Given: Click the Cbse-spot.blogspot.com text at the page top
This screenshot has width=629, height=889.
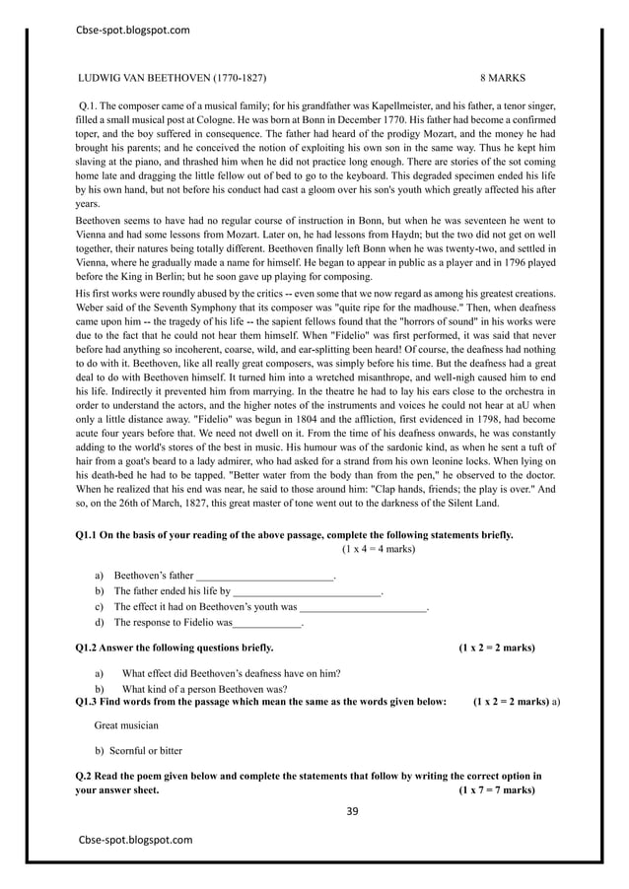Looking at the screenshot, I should [132, 30].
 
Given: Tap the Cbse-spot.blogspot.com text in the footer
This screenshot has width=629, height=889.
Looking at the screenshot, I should [135, 840].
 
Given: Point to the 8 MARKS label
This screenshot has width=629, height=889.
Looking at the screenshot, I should [503, 77].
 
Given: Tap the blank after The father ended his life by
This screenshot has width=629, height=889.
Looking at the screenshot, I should [306, 591].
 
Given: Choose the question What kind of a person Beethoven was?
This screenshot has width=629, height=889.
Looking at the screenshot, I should [204, 688].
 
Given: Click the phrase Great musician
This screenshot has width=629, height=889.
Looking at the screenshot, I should [128, 724].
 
